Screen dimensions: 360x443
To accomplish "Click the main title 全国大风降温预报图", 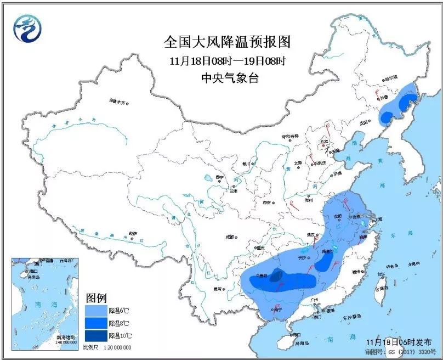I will [x=226, y=42].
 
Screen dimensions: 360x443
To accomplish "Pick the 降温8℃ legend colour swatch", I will [x=95, y=323].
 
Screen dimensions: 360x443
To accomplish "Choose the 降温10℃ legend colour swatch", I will [x=95, y=335].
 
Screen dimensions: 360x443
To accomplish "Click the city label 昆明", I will [x=218, y=288].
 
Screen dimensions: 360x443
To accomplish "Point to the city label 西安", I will [x=267, y=203].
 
